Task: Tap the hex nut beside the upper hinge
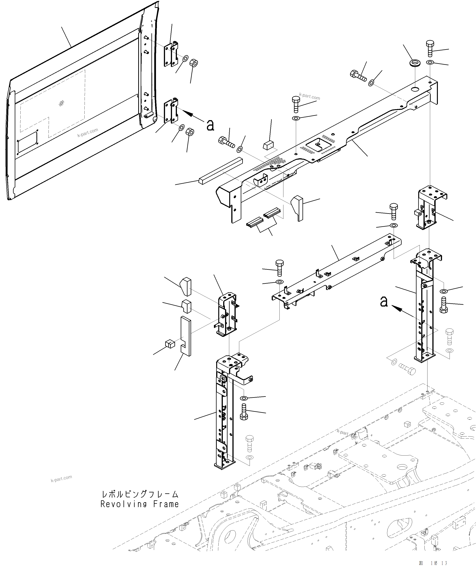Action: (194, 63)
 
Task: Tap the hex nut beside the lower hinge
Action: (190, 132)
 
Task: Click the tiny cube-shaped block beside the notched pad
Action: (170, 344)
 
